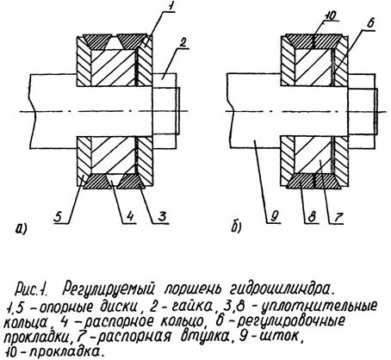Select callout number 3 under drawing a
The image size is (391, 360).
click(x=162, y=216)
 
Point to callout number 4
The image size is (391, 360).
click(x=130, y=216)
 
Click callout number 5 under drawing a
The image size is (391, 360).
click(x=59, y=216)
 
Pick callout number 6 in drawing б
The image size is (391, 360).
click(x=370, y=22)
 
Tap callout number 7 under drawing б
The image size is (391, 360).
click(x=338, y=216)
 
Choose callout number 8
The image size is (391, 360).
click(x=312, y=216)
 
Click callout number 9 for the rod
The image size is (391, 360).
click(x=274, y=216)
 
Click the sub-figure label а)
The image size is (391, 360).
click(x=21, y=228)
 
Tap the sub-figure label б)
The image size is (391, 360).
click(x=236, y=227)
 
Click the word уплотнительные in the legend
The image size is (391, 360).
click(x=319, y=307)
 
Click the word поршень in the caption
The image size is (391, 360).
click(x=192, y=289)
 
